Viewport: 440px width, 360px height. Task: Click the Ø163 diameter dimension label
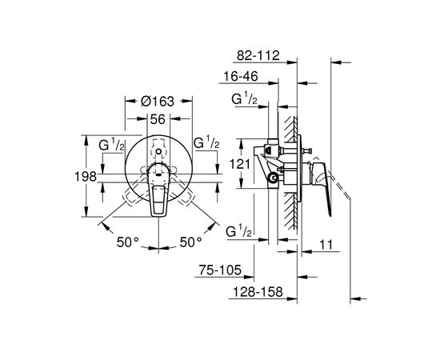point(158,102)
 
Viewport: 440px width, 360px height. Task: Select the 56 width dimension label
point(158,119)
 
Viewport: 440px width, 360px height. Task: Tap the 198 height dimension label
point(86,177)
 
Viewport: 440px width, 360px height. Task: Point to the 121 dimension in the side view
point(240,164)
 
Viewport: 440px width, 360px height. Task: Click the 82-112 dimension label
point(258,55)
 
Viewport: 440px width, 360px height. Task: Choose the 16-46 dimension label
point(241,76)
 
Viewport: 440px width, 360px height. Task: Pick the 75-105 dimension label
point(220,270)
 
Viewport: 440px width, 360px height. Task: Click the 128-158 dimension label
point(258,292)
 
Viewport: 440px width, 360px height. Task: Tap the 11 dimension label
point(326,245)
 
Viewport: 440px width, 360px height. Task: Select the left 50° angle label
point(128,242)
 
